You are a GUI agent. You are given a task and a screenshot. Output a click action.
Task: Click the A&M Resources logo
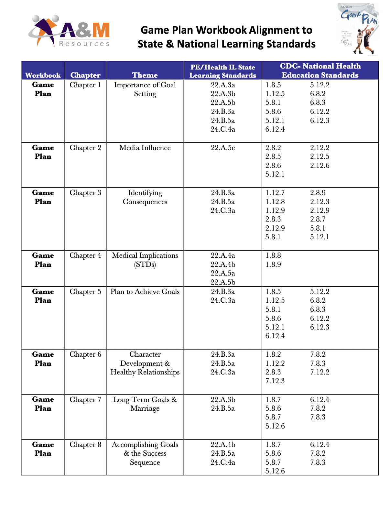69,31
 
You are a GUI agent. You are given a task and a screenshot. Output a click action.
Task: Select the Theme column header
145,75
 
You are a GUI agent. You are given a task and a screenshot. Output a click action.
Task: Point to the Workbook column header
43,75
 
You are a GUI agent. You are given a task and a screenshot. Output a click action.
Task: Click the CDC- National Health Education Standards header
320,70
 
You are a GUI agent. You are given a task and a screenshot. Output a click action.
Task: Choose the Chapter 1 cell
85,85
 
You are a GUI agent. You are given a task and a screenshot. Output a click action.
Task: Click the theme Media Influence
145,148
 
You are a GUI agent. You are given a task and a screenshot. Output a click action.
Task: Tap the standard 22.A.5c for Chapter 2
223,148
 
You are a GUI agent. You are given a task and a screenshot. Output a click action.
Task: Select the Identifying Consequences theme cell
145,197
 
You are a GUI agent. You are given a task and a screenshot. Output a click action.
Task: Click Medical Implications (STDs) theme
145,260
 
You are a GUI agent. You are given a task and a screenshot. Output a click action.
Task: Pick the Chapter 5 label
85,292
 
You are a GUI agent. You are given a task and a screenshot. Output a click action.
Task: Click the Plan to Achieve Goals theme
145,292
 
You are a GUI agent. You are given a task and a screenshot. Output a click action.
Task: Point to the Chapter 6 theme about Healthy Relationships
145,363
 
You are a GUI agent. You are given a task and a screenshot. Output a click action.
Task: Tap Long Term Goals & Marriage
145,404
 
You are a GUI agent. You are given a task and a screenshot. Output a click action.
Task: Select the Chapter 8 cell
85,445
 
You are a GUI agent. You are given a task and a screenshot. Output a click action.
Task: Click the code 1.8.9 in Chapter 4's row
273,265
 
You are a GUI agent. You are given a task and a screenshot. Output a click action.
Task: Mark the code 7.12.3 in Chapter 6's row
275,381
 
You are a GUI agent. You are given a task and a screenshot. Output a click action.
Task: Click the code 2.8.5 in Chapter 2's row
273,157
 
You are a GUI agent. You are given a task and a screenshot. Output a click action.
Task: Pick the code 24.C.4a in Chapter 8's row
223,462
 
